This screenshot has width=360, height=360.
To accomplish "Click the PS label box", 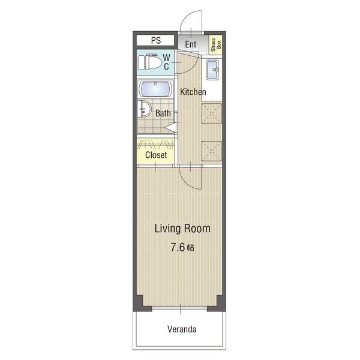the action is click(x=155, y=40).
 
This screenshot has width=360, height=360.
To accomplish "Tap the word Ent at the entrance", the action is click(x=191, y=44).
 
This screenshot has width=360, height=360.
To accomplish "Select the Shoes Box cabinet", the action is click(x=215, y=45).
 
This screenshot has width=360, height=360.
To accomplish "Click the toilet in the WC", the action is click(x=150, y=62).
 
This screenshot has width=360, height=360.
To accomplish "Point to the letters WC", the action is click(x=166, y=62).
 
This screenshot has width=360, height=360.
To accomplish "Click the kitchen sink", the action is click(x=212, y=70).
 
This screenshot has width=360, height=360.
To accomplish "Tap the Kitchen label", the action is click(x=193, y=92).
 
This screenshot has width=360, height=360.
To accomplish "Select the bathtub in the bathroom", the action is click(x=155, y=89).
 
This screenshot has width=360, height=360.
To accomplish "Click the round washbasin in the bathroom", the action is click(x=145, y=109).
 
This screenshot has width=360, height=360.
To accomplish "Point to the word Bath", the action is click(x=163, y=113).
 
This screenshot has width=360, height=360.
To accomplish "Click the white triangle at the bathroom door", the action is click(x=171, y=128).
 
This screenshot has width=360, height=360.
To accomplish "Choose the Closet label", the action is click(x=156, y=155).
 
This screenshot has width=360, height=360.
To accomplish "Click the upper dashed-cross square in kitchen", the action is click(x=211, y=113).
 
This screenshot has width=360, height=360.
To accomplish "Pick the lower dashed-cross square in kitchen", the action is click(x=211, y=151).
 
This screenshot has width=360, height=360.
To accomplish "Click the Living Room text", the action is click(x=182, y=229).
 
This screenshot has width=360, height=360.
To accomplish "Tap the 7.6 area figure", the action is click(x=178, y=247).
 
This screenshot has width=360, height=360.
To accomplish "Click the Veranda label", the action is click(x=182, y=329).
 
